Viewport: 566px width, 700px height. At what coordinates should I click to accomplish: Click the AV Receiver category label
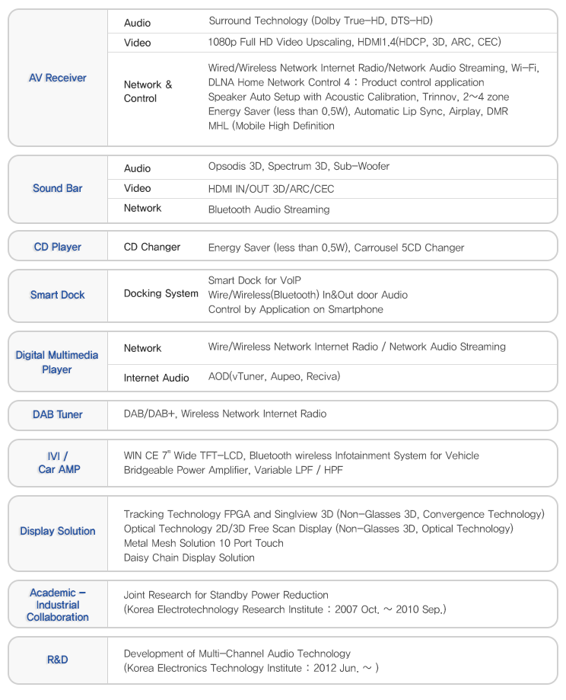57,78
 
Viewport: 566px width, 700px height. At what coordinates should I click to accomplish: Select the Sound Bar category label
57,188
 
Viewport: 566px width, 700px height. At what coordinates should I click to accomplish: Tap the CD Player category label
57,247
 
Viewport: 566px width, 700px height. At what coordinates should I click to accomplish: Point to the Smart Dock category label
57,295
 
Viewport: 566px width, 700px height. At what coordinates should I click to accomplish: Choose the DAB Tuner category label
57,414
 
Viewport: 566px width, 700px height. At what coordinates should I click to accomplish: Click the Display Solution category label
57,531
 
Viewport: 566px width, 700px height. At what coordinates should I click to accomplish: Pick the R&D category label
57,659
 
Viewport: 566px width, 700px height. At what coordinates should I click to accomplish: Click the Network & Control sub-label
148,91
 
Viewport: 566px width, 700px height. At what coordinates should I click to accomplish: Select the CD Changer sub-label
152,247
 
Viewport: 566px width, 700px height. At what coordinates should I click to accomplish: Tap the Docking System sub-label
161,293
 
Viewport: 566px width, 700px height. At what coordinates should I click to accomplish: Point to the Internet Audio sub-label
156,378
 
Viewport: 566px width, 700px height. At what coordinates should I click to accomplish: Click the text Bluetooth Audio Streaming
269,209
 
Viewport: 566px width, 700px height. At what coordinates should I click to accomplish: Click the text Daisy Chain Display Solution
189,558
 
